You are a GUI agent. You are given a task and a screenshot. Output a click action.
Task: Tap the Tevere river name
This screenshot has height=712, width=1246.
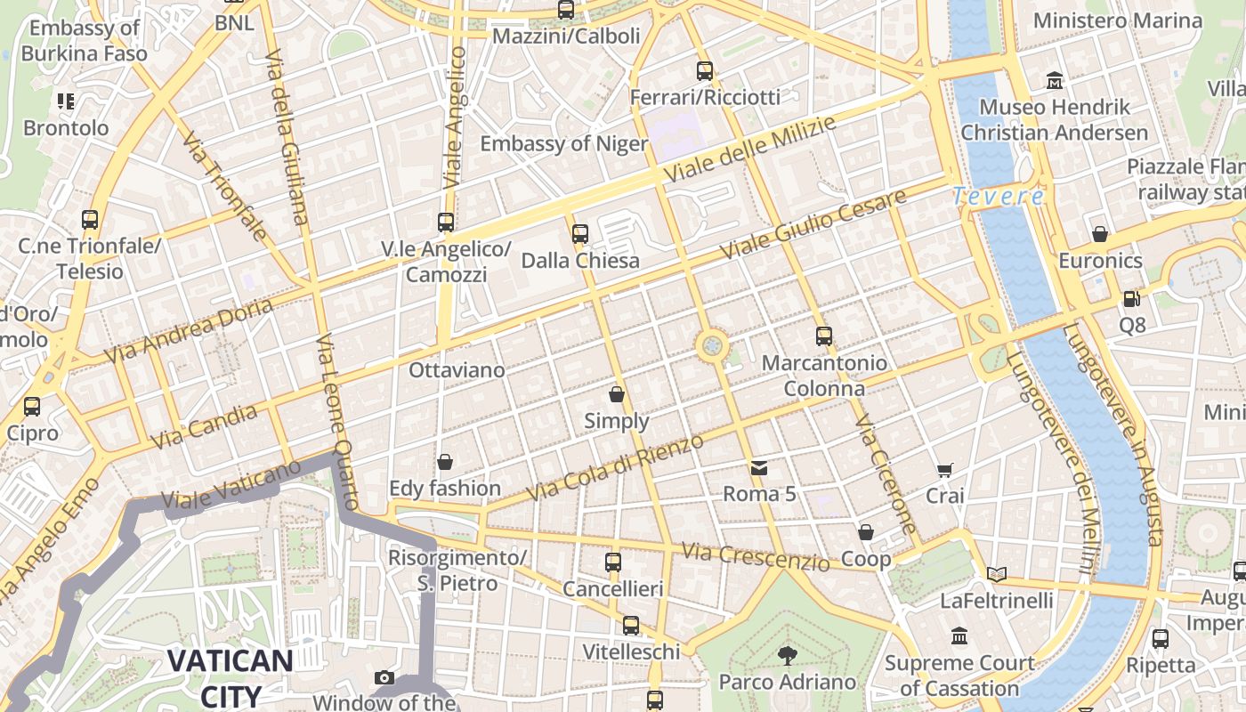998,197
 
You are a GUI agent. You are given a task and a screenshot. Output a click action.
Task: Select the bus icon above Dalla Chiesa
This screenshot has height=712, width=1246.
580,234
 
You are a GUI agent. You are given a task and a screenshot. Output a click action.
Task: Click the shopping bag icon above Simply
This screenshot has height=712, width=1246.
617,393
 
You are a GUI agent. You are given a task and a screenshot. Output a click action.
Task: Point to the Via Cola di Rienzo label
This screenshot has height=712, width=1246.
615,467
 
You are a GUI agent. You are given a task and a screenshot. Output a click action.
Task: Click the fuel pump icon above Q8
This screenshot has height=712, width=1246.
1131,299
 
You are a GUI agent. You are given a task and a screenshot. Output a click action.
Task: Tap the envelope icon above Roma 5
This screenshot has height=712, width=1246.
758,468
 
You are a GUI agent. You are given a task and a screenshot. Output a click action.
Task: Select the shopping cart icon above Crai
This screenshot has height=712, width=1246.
944,470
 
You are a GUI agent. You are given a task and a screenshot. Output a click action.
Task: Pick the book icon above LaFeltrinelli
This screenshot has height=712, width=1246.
997,575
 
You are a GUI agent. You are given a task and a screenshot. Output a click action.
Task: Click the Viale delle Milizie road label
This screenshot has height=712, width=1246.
752,147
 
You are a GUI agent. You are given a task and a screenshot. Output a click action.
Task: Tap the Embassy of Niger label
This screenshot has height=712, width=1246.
564,143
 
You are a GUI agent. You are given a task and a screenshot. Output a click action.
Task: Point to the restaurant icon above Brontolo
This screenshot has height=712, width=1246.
66,101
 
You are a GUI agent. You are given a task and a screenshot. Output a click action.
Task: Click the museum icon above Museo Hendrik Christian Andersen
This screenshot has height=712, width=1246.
1055,81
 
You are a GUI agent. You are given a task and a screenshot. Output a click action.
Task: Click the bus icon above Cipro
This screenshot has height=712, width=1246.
32,407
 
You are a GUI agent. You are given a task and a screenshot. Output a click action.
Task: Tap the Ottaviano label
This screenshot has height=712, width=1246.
457,369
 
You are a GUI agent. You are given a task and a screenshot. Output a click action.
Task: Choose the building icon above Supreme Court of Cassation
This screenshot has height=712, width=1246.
959,636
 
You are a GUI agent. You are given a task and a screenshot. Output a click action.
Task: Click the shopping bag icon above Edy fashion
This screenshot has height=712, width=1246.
445,462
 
